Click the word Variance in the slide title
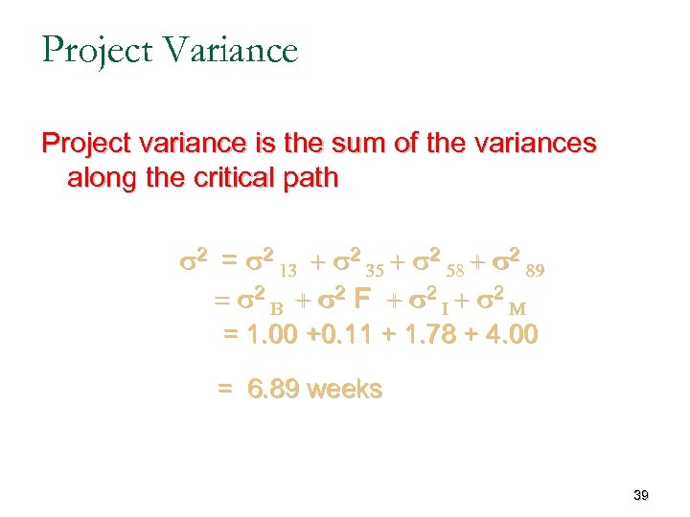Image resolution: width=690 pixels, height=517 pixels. tap(231, 50)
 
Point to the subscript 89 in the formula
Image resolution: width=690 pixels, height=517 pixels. tap(536, 271)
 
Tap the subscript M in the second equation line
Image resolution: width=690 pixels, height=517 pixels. tap(516, 309)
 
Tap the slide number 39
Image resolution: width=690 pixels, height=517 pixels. tap(641, 495)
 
